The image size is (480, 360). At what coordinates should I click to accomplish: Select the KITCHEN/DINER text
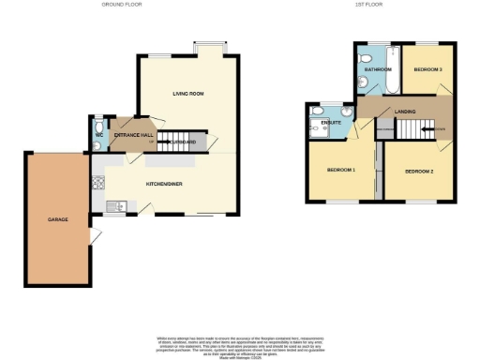[x=163, y=184]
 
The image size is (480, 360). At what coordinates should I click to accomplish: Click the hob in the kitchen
[x=99, y=186]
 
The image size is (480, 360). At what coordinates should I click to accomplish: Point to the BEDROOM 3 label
[x=427, y=69]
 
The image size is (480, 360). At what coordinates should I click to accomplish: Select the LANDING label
[x=406, y=112]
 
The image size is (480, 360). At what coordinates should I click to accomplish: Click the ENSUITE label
[x=330, y=122]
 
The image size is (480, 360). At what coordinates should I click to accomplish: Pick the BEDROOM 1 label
[x=340, y=171]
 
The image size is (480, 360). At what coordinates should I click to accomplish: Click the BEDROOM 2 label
[x=419, y=172]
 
